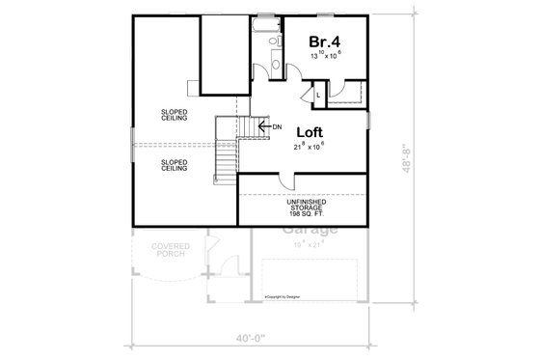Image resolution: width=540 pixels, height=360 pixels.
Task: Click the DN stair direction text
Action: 277,126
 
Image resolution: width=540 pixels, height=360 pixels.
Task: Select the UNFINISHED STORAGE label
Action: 303,204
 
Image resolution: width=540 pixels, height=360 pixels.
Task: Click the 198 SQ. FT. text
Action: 303,215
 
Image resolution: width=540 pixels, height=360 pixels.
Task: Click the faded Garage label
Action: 310,231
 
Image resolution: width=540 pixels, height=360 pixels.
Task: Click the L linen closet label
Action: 318,95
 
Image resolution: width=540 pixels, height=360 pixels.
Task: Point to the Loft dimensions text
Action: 310,148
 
